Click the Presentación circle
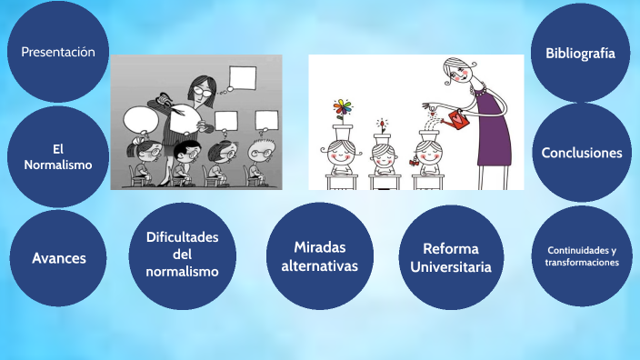pos(58,52)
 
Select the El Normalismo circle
pos(58,156)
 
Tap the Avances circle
pos(58,258)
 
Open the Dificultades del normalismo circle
pos(183,255)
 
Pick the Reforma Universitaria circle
pos(451,257)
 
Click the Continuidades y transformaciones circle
pos(581,255)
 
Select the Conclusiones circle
pos(581,153)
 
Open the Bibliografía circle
pos(581,53)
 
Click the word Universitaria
pos(451,267)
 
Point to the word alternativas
pos(320,265)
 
